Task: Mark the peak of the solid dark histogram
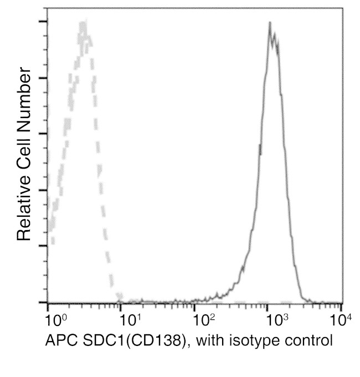pos(270,23)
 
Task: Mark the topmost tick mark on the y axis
pos(43,22)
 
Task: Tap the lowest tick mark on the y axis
pos(43,302)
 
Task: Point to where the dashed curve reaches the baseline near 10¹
pos(119,301)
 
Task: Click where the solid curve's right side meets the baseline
pos(304,301)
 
